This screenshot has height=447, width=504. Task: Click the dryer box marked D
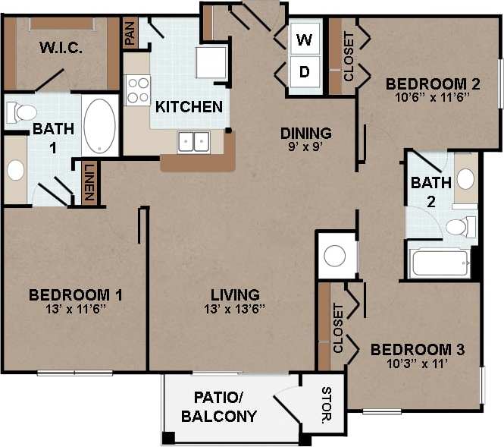304,73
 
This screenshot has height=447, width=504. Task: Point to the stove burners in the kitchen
137,90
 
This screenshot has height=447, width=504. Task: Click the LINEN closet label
89,184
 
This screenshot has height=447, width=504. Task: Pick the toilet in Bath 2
458,226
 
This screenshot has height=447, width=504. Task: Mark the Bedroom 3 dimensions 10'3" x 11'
417,364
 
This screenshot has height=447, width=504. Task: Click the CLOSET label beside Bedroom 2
349,56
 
